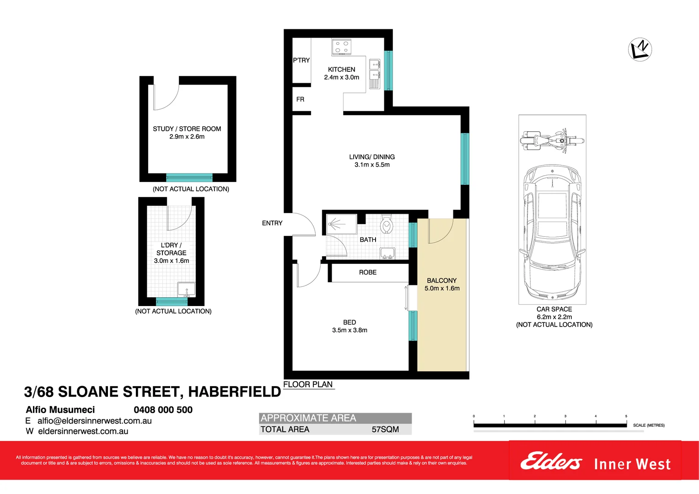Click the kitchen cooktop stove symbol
(x=341, y=47)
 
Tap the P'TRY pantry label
(x=301, y=60)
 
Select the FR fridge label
(x=300, y=99)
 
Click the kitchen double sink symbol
(x=375, y=73)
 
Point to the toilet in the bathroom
(x=387, y=224)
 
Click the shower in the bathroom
(x=341, y=224)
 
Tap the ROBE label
(x=367, y=273)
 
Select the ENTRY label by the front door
(x=272, y=223)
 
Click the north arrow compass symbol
(x=640, y=49)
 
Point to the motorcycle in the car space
(x=552, y=140)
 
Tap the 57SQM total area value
(x=385, y=430)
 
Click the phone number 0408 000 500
(x=163, y=410)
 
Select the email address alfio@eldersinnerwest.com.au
(x=94, y=421)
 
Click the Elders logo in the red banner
(x=551, y=462)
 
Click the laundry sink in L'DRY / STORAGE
(x=186, y=290)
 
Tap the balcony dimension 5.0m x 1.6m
(x=442, y=289)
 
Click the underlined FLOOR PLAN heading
(x=308, y=385)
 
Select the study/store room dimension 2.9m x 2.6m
(x=187, y=137)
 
